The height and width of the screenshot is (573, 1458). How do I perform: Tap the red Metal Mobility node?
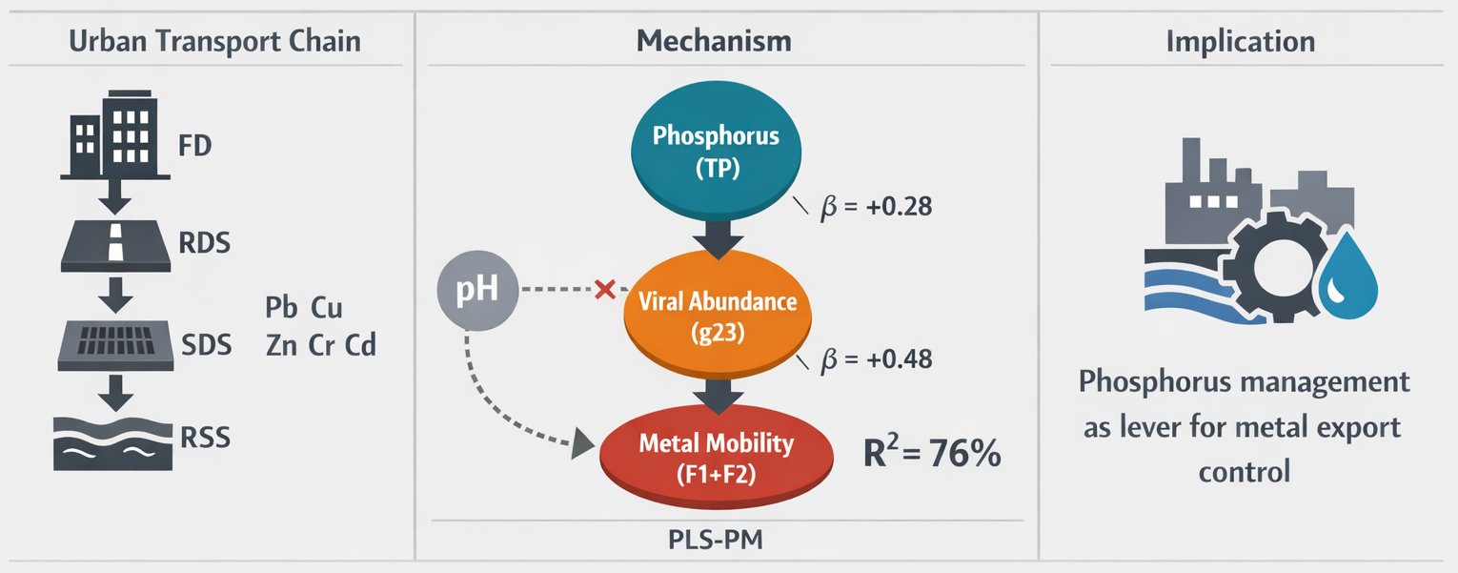click(716, 457)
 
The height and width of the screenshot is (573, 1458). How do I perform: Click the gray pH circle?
click(478, 289)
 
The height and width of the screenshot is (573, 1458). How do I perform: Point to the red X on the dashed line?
click(603, 289)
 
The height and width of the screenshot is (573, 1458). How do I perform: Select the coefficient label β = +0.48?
click(876, 359)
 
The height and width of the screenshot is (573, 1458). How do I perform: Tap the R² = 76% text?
click(932, 453)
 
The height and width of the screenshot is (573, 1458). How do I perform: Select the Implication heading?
click(1240, 42)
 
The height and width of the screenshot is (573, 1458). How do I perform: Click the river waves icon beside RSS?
click(114, 441)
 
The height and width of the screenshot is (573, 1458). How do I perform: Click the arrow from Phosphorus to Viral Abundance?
click(716, 237)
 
